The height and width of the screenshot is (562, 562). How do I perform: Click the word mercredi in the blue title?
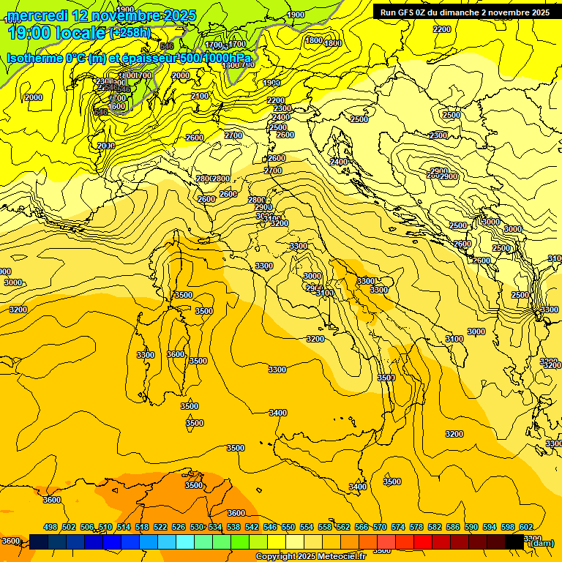coord(37,15)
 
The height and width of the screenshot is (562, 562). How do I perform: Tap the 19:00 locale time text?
coord(56,32)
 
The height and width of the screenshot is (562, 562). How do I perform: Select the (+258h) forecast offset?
coord(130,32)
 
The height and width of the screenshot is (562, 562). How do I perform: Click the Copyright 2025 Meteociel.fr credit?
coord(315,556)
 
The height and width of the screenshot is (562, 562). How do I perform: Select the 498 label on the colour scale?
coord(50,528)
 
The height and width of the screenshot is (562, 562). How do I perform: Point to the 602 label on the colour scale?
coord(525,528)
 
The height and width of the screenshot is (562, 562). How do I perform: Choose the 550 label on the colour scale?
coord(288,528)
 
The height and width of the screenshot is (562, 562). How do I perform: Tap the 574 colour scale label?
coord(397,528)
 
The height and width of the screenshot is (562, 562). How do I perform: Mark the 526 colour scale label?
coord(178,528)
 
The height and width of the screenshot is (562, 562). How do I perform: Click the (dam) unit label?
coord(541,542)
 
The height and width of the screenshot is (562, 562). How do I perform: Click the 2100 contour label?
coord(199,96)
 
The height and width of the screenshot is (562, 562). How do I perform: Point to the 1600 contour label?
coord(116,106)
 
